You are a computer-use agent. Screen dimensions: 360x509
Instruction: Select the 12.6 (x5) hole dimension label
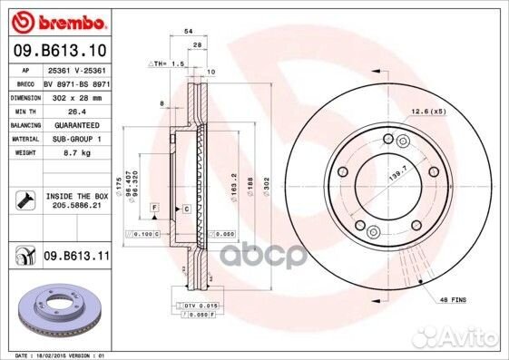(427, 111)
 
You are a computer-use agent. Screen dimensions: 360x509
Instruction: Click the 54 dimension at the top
(188, 31)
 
